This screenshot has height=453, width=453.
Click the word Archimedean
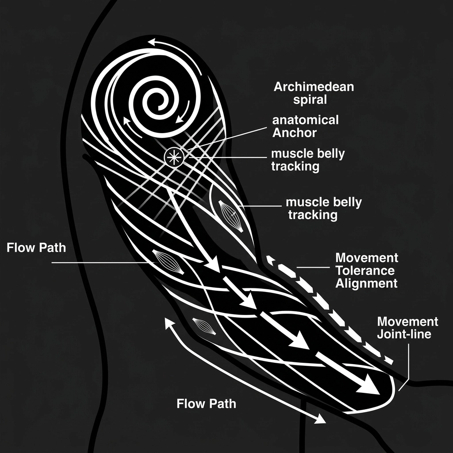pos(314,87)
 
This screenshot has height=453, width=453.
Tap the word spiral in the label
pos(310,100)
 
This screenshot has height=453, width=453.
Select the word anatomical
pos(306,120)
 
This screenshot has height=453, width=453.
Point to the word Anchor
pos(295,132)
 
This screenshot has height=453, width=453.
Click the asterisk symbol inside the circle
pos(172,157)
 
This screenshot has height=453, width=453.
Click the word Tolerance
pos(365,270)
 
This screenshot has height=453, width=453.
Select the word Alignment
pos(366,283)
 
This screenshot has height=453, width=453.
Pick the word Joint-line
pos(403,334)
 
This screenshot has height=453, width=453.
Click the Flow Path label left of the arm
pos(36,247)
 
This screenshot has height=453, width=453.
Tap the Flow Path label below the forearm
pos(206,403)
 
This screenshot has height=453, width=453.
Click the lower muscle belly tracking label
pos(323,209)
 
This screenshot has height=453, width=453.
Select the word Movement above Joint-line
pos(407,321)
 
